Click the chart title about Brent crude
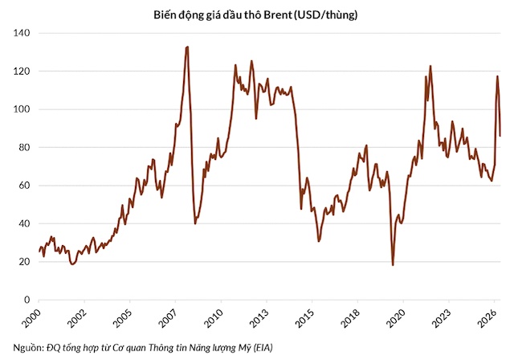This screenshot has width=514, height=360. (255, 15)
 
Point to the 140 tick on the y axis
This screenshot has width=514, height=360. (22, 33)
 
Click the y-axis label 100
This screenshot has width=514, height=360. (22, 109)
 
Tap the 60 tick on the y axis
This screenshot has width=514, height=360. (23, 186)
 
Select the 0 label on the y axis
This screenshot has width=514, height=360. (27, 300)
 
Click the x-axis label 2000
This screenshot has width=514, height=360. (31, 317)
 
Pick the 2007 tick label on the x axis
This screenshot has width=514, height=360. (168, 317)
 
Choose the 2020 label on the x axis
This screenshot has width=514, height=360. (396, 317)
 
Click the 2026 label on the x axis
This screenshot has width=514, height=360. (487, 317)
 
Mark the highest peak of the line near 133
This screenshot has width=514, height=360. (187, 47)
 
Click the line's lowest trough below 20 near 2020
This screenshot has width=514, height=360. (393, 265)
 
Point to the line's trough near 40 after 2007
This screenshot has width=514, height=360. (195, 223)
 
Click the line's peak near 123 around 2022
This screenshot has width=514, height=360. (430, 66)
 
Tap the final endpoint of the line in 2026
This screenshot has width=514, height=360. (500, 136)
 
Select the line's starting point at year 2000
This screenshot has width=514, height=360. (39, 252)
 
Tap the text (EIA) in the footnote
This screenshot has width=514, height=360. (263, 347)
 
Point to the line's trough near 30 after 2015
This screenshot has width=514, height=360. (319, 241)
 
